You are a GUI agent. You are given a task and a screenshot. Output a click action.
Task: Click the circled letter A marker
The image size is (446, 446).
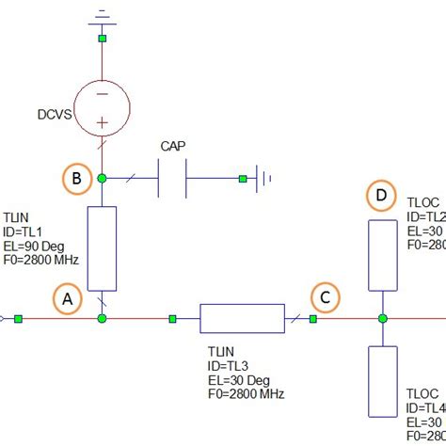(x=67, y=299)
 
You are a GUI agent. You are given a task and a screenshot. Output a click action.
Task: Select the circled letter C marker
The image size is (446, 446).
(x=326, y=299)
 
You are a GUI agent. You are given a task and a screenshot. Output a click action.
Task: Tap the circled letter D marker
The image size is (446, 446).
(x=381, y=196)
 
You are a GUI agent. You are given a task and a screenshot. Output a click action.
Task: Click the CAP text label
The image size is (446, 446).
(x=173, y=147)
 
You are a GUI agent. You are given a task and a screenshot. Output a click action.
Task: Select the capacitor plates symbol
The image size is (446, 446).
(x=173, y=177)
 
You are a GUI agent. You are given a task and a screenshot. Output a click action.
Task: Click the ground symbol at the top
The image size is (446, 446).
(x=102, y=15)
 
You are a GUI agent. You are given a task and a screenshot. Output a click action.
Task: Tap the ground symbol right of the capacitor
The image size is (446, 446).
(x=268, y=177)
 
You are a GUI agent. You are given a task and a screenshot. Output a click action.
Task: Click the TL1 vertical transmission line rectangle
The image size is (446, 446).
(x=102, y=248)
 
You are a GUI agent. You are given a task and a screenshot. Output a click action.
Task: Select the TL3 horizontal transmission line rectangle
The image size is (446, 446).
(x=242, y=318)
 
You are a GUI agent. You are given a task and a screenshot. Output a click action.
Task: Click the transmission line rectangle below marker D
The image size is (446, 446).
(x=382, y=255)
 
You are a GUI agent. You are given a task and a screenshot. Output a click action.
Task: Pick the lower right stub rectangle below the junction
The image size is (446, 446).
(x=382, y=379)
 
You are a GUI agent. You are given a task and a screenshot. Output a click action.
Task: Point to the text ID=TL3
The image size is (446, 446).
(x=231, y=366)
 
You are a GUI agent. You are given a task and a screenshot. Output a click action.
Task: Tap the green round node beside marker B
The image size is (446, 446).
(x=102, y=177)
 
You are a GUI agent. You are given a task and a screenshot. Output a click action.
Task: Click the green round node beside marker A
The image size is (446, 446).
(x=102, y=318)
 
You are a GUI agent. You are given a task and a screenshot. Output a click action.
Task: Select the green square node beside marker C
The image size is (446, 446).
(x=313, y=318)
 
